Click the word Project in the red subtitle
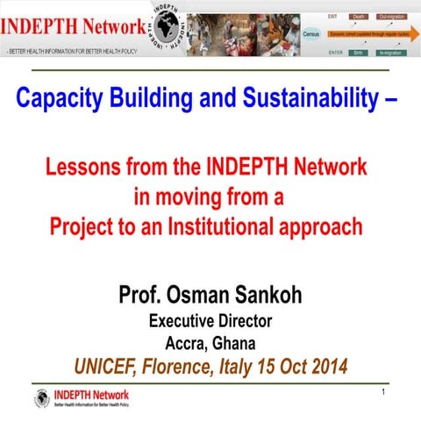[x=88, y=225]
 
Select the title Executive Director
[x=210, y=320]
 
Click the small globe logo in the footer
[x=42, y=399]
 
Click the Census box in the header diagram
[x=310, y=33]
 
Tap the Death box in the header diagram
[x=358, y=16]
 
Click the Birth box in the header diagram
[x=358, y=53]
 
